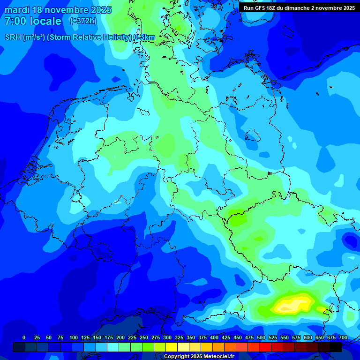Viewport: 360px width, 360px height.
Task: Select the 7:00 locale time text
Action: coord(33,21)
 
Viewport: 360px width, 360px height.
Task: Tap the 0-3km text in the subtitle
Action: coord(144,37)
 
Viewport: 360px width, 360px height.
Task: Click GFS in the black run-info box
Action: coord(261,8)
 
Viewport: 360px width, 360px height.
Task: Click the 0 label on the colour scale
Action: coord(24,337)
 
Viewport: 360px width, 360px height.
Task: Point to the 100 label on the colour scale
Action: coord(74,337)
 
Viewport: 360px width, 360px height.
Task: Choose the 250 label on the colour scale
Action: coord(144,337)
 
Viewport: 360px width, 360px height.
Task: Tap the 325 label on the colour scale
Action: coord(179,337)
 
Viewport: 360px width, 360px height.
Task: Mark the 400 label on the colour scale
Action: coord(214,337)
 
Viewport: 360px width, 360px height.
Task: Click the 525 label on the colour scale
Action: coord(273,337)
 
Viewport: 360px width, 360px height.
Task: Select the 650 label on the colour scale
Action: coord(308,337)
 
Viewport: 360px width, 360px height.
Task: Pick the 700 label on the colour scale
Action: coord(343,337)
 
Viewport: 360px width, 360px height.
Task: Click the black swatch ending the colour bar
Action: coord(336,347)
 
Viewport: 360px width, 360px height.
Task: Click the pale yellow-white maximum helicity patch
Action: coord(290,306)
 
